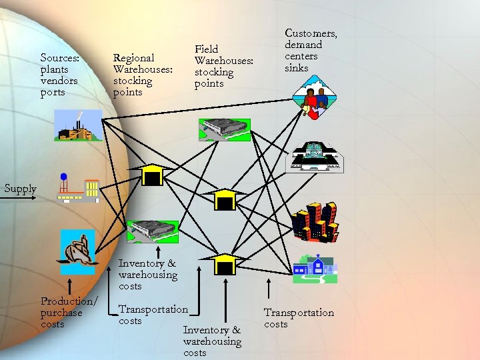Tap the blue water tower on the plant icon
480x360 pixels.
pos(63,178)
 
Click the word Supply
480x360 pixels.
pos(20,189)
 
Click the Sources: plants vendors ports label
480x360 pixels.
pos(59,75)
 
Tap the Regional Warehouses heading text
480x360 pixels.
pos(143,75)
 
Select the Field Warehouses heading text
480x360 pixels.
pos(223,66)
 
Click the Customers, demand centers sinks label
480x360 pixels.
pos(311,50)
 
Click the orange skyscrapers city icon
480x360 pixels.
pos(315,222)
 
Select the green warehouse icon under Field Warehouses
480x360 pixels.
pos(224,130)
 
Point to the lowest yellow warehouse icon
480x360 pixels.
pos(225,265)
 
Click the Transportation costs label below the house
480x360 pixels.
pos(298,318)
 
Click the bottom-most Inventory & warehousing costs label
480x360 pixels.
pos(212,341)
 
